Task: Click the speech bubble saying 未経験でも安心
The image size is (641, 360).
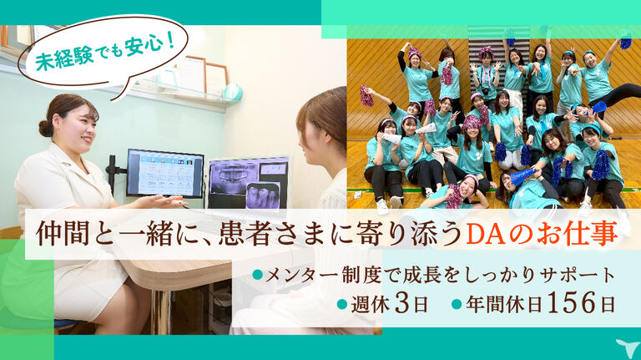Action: (x=104, y=53)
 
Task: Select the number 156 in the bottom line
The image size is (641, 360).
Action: (x=572, y=303)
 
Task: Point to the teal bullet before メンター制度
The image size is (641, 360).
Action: (x=257, y=275)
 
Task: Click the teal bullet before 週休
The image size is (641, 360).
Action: (x=342, y=304)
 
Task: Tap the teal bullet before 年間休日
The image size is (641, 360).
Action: (x=457, y=304)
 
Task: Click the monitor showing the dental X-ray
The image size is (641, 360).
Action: (x=249, y=182)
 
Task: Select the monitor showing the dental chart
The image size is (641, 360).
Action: (x=164, y=173)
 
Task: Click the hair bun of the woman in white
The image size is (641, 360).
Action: (x=46, y=128)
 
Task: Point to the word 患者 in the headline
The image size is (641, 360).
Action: (x=239, y=235)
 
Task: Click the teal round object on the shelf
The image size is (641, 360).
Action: (x=233, y=92)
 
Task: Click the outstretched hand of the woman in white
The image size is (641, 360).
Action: (x=164, y=200)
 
